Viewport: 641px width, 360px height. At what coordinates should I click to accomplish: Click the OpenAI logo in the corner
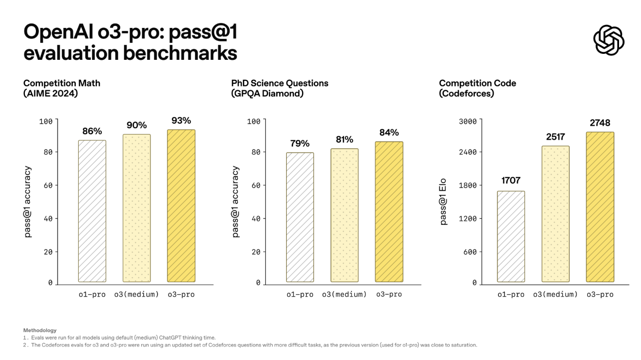click(609, 40)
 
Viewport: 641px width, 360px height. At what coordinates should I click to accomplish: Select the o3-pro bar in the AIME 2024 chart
click(181, 205)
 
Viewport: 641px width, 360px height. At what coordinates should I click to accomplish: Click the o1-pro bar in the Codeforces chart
click(511, 236)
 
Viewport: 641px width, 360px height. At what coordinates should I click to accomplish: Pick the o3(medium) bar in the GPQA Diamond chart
click(344, 215)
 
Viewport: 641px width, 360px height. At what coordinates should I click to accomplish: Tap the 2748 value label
click(599, 123)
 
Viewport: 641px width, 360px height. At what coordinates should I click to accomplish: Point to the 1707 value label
click(510, 180)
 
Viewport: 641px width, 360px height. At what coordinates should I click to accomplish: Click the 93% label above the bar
click(181, 121)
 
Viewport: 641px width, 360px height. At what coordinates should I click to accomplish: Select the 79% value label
click(300, 144)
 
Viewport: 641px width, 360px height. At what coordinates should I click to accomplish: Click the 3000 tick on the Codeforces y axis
click(468, 121)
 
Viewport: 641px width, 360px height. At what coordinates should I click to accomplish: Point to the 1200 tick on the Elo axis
click(468, 218)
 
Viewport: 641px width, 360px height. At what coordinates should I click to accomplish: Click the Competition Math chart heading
click(62, 88)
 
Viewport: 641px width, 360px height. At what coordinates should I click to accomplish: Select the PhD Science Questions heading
click(280, 83)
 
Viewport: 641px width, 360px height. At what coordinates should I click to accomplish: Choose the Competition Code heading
click(477, 83)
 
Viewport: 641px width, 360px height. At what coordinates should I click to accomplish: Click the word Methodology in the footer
click(40, 330)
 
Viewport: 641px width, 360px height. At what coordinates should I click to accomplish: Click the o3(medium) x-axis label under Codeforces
click(555, 295)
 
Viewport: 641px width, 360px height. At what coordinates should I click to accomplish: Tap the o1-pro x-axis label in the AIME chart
click(92, 295)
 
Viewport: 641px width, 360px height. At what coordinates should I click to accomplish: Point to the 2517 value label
click(555, 136)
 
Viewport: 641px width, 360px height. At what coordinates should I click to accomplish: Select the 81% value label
click(344, 139)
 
